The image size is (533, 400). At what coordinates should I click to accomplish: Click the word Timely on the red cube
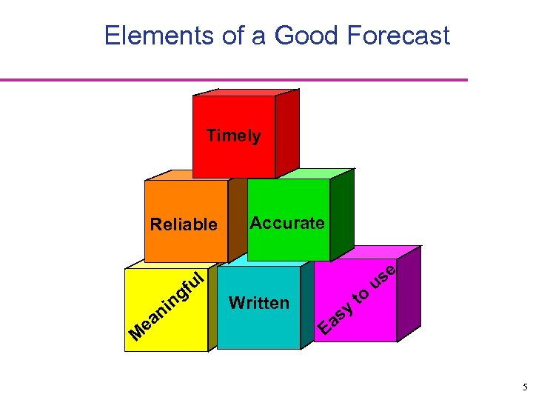233,136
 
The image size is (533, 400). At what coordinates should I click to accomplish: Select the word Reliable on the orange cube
184,224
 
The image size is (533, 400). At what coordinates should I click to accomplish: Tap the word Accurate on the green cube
287,222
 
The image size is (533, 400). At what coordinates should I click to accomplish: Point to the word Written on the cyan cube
259,302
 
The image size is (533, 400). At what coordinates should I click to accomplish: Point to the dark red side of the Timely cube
287,133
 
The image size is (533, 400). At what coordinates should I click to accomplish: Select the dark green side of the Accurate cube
341,215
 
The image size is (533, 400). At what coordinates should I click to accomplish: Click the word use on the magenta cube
386,278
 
